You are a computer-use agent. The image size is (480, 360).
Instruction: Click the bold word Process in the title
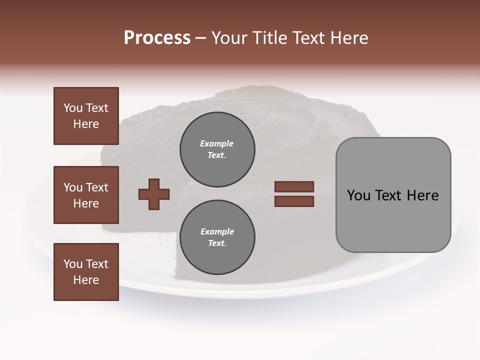(x=157, y=38)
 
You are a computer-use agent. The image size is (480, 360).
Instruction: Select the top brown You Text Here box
(x=86, y=116)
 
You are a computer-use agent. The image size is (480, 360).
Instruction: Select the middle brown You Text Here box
(x=86, y=195)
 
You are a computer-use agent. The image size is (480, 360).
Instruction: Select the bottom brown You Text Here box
(x=86, y=271)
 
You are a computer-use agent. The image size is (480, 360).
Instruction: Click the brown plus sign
(x=154, y=194)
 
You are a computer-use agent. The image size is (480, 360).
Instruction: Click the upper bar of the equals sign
(x=294, y=187)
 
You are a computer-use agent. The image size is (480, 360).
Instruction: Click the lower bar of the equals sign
(x=294, y=201)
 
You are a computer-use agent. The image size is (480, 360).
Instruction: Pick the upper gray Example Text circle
(x=217, y=149)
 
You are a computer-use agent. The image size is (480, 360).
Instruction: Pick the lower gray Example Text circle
(x=217, y=237)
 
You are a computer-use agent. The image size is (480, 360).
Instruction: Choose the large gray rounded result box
(x=393, y=195)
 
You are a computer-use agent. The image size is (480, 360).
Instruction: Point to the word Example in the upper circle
(x=217, y=143)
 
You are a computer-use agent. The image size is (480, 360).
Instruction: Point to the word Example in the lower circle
(x=217, y=231)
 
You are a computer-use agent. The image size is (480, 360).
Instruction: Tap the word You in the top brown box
(x=73, y=108)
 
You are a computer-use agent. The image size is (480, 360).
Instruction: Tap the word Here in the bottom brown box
(x=86, y=280)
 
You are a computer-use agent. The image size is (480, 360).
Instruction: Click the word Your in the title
(x=228, y=38)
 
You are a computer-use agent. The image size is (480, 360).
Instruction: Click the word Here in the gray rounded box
(x=422, y=195)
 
